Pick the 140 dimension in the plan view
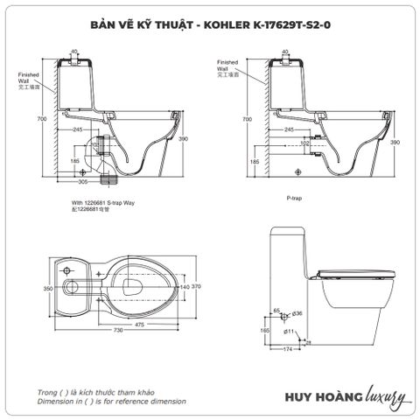185,286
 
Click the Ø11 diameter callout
288,332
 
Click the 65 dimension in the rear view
276,311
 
